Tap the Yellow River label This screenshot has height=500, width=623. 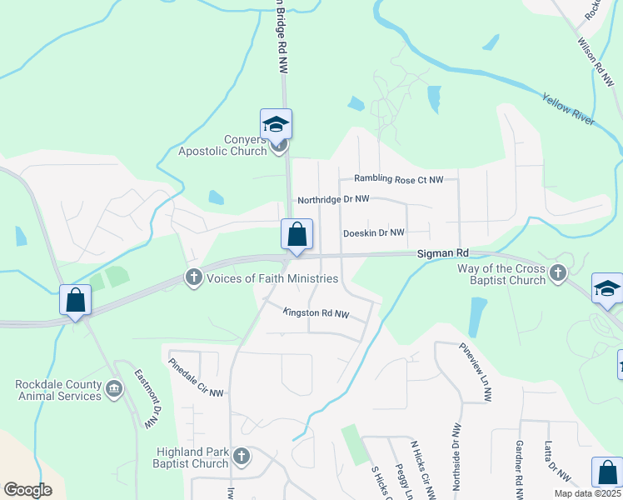tap(569, 108)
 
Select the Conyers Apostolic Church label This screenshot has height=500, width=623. tap(222, 146)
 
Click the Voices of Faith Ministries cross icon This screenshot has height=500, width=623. tap(194, 277)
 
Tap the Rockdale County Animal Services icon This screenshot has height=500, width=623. tap(114, 387)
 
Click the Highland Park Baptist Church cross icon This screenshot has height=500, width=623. tap(242, 456)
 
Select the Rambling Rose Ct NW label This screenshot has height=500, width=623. tap(405, 179)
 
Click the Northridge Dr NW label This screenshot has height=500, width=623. tap(333, 200)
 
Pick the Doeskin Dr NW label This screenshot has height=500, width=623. tap(373, 232)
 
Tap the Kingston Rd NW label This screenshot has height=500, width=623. tap(316, 313)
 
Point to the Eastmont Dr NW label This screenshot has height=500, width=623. tap(146, 398)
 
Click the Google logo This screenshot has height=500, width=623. tap(27, 490)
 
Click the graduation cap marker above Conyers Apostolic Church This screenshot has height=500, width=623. tap(276, 125)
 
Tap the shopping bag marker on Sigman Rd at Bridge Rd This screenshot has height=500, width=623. tap(297, 235)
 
